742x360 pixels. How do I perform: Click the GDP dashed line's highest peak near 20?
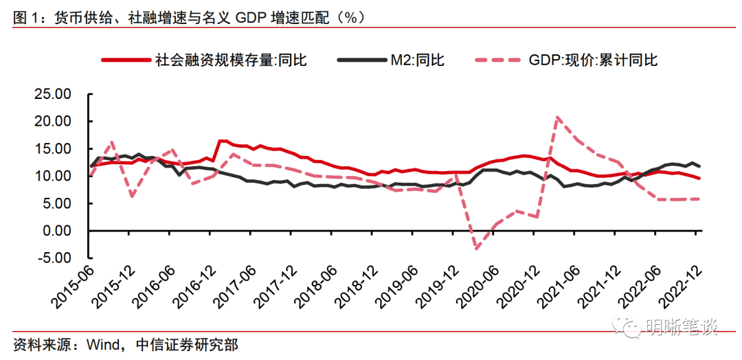tap(557, 117)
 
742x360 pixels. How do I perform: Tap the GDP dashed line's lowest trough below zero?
tap(475, 248)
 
